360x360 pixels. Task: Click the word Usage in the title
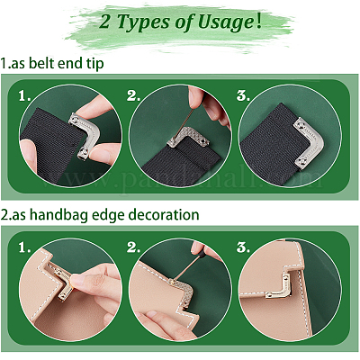point(226,22)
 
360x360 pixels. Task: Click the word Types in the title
point(143,22)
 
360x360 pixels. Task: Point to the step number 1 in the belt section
point(24,96)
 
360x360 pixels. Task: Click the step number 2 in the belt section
point(133,96)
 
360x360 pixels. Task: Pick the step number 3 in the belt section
point(243,95)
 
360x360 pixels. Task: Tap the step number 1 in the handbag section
point(24,248)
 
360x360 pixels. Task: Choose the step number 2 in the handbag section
point(133,247)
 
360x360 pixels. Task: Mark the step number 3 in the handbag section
point(243,247)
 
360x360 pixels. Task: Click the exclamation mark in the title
point(259,22)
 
